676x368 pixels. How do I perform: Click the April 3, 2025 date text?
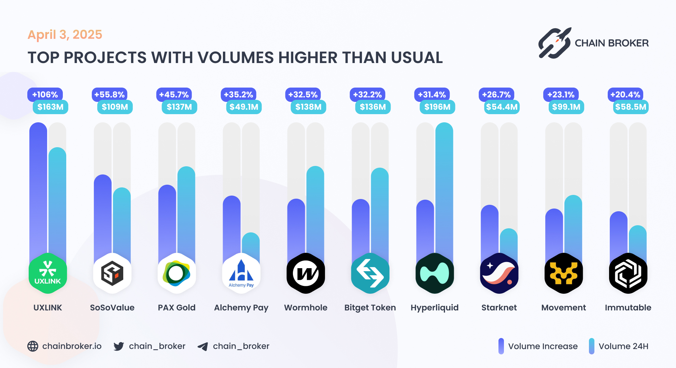[65, 35]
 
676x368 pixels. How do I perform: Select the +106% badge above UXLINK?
[45, 94]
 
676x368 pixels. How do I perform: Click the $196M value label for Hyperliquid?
[437, 107]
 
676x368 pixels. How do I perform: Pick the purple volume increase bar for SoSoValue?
[102, 215]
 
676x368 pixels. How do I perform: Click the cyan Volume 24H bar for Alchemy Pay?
[251, 245]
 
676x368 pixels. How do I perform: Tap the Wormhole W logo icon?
[306, 273]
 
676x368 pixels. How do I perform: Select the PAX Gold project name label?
[177, 308]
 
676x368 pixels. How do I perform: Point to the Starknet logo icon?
[499, 273]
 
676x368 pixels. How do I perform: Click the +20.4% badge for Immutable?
[625, 94]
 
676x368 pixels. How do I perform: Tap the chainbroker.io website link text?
[72, 346]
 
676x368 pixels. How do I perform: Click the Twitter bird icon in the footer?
[119, 346]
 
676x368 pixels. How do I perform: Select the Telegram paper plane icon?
[203, 347]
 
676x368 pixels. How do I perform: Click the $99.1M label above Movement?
[566, 107]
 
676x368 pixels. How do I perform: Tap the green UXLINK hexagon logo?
[48, 273]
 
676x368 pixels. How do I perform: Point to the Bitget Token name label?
[370, 308]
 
